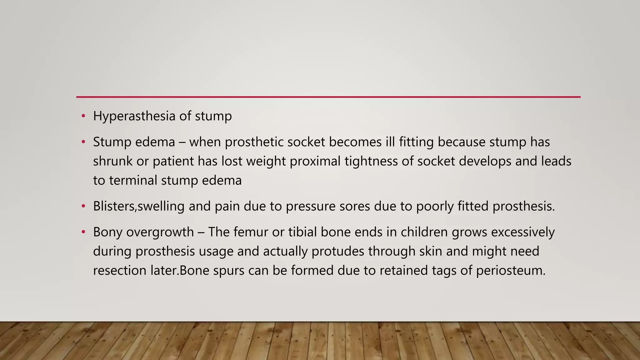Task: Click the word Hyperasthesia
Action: point(134,116)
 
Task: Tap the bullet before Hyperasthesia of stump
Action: point(83,116)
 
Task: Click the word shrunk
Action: point(112,162)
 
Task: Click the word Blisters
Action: point(114,207)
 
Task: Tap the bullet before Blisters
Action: point(83,207)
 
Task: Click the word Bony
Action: point(107,232)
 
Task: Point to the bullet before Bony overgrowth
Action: point(83,232)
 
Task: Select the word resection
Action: point(120,271)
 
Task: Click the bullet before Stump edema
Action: point(83,142)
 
